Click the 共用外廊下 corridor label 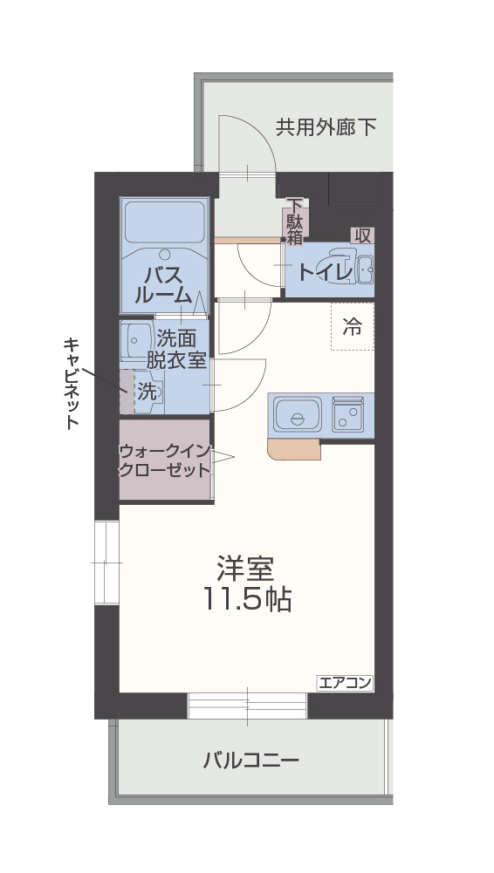pos(326,127)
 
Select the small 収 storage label pos(362,235)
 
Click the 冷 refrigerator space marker pos(352,327)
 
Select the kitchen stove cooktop pos(351,413)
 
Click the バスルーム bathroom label pos(163,285)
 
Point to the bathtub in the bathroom pos(163,222)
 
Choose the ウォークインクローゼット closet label pos(164,460)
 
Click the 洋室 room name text pos(246,568)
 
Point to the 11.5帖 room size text pos(247,599)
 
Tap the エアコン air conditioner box pos(346,683)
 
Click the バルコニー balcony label pos(251,760)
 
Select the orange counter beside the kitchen pos(292,449)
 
